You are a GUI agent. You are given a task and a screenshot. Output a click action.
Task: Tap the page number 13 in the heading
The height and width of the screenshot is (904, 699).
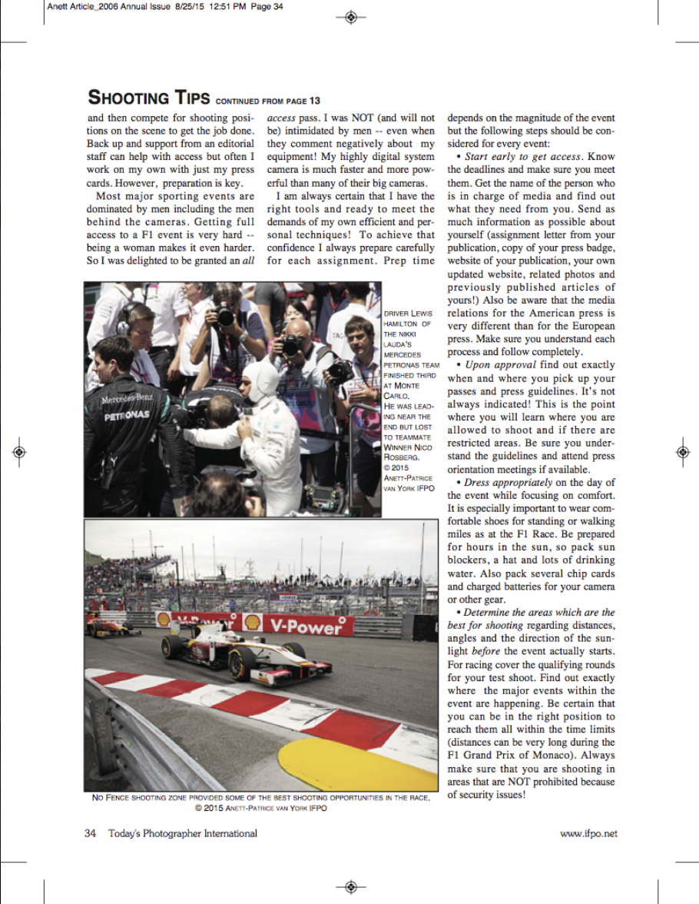(314, 101)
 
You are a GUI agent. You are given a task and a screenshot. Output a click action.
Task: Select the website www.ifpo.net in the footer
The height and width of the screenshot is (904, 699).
(588, 833)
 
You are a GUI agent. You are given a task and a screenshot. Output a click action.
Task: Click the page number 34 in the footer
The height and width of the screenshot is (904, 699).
(90, 833)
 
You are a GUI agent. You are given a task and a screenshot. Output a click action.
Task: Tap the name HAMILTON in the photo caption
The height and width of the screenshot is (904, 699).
(399, 324)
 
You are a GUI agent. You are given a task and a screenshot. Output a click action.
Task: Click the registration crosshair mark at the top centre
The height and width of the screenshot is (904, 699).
(350, 16)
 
